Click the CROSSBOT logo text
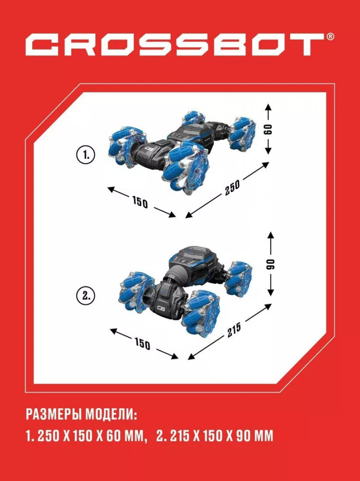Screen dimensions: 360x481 [x=175, y=44]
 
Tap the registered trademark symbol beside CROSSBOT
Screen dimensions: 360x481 [x=330, y=37]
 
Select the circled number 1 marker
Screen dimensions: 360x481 [x=86, y=155]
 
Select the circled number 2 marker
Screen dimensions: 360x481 [x=86, y=296]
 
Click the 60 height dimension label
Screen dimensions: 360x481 [x=268, y=129]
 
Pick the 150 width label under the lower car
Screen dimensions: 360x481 [x=142, y=343]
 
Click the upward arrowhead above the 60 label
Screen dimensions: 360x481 [x=268, y=107]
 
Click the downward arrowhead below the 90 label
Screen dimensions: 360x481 [x=271, y=292]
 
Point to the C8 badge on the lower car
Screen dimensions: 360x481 [x=161, y=309]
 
